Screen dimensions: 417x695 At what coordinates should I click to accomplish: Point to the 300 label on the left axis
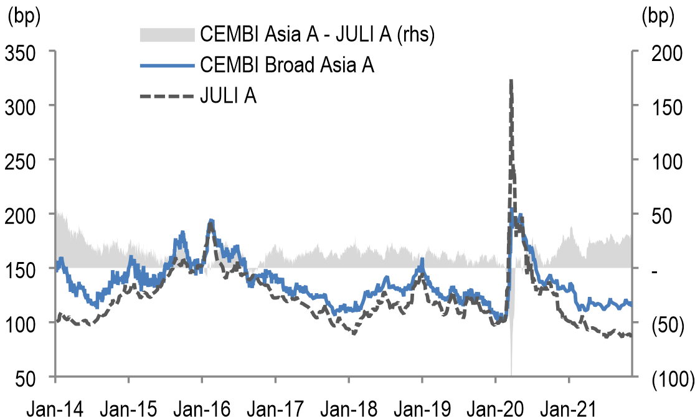23,106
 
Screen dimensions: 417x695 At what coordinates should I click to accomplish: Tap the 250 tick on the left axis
23,160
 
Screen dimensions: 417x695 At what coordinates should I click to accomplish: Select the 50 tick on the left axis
29,377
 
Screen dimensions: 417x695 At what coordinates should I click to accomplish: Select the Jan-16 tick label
201,409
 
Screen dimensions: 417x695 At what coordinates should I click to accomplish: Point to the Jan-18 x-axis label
349,409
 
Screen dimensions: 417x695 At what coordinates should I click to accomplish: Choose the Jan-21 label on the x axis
569,409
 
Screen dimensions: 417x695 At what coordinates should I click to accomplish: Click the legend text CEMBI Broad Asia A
287,65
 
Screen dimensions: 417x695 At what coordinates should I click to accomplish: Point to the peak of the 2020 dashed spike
511,80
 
